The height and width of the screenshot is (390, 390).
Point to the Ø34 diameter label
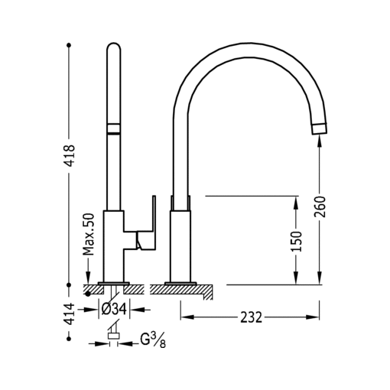(x=114, y=310)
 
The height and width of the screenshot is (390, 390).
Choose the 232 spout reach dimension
(x=252, y=317)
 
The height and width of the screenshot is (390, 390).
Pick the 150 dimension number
(x=297, y=240)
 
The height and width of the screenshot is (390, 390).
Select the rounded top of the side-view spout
(x=112, y=49)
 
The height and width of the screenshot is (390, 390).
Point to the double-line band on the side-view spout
(x=112, y=128)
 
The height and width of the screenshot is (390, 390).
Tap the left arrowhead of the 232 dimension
(x=184, y=317)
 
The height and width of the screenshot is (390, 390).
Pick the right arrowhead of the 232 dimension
(x=315, y=317)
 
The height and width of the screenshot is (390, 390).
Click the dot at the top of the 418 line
(x=70, y=46)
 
